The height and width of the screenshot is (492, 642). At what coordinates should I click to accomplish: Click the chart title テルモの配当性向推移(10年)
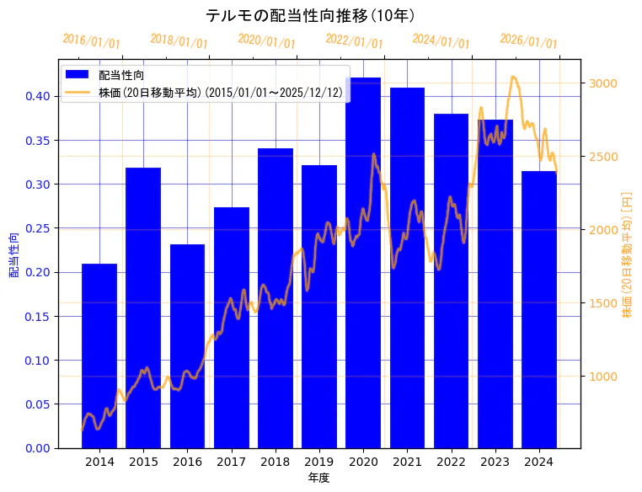(310, 15)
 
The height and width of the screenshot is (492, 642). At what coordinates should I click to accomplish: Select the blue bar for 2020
(363, 262)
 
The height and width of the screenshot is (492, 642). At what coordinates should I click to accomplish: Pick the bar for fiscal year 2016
(187, 345)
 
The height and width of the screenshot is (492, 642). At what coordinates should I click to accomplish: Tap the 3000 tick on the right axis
(603, 83)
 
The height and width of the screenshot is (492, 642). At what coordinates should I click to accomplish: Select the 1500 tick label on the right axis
(603, 303)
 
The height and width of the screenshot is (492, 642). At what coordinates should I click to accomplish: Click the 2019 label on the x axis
(319, 462)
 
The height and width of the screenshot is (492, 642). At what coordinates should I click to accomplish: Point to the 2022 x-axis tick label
(451, 462)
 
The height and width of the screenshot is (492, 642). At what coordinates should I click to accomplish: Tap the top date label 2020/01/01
(266, 40)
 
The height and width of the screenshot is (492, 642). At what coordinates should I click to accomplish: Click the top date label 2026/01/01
(528, 41)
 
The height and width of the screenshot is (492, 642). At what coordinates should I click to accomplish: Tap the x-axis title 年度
(318, 478)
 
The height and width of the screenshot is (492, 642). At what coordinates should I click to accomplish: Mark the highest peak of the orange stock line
(513, 77)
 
